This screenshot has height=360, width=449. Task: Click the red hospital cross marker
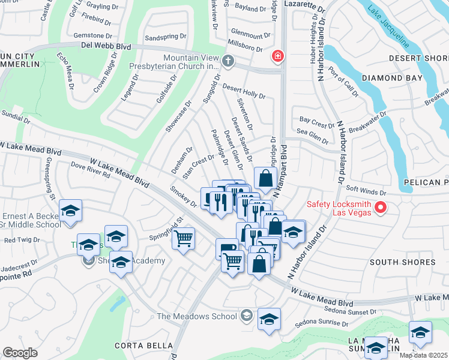pos(277,57)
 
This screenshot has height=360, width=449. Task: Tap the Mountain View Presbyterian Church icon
pos(228,61)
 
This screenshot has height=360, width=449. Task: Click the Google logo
pos(20,353)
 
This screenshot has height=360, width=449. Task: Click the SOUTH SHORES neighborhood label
pos(402,262)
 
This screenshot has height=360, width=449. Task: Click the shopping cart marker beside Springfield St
pos(183,238)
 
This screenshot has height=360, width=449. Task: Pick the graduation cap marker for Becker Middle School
pos(70,211)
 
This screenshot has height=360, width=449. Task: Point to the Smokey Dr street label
pos(183,196)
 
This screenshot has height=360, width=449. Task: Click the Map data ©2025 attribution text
pos(423,355)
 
